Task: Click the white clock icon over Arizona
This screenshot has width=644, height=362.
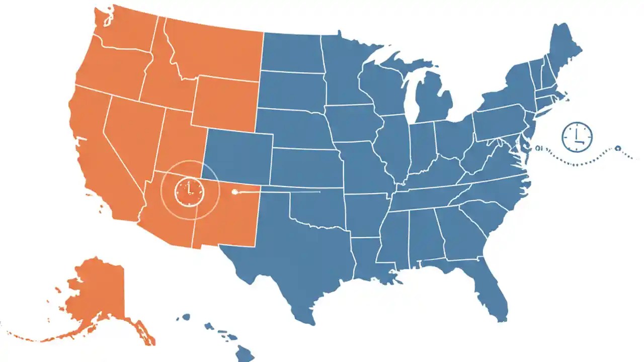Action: pyautogui.click(x=189, y=191)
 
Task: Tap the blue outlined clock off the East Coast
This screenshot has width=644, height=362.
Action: pyautogui.click(x=577, y=136)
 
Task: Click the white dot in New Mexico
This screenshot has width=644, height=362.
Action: pyautogui.click(x=233, y=192)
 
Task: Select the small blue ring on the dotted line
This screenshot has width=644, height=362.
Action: pyautogui.click(x=618, y=148)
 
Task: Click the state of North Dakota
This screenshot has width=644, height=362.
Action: pyautogui.click(x=292, y=53)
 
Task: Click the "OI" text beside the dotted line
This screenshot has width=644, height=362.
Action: pyautogui.click(x=540, y=149)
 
